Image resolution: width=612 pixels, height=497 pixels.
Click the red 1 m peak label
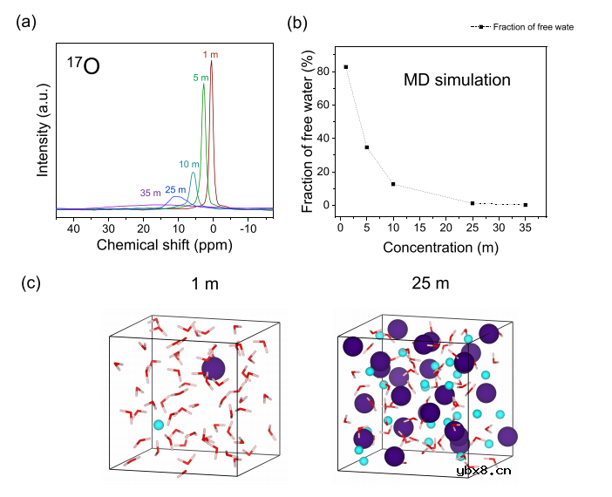coord(212,54)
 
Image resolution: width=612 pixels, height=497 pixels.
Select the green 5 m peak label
coord(201,77)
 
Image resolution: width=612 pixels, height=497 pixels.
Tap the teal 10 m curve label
coord(189,163)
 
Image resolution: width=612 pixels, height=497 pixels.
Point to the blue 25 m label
coord(175,190)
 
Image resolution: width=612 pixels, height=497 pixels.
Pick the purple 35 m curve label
coord(150,193)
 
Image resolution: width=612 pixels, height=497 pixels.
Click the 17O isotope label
coord(83,66)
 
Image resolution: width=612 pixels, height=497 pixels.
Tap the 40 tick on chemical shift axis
coord(73,227)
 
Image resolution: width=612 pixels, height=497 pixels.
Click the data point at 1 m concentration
coord(346,67)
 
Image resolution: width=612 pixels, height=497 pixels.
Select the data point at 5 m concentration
coord(367,147)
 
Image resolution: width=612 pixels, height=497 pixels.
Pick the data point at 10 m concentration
coord(393,184)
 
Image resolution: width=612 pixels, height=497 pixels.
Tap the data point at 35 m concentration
coord(526,205)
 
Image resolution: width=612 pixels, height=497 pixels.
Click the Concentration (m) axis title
coord(432,248)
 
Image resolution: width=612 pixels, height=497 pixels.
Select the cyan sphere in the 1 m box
coord(158,425)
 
